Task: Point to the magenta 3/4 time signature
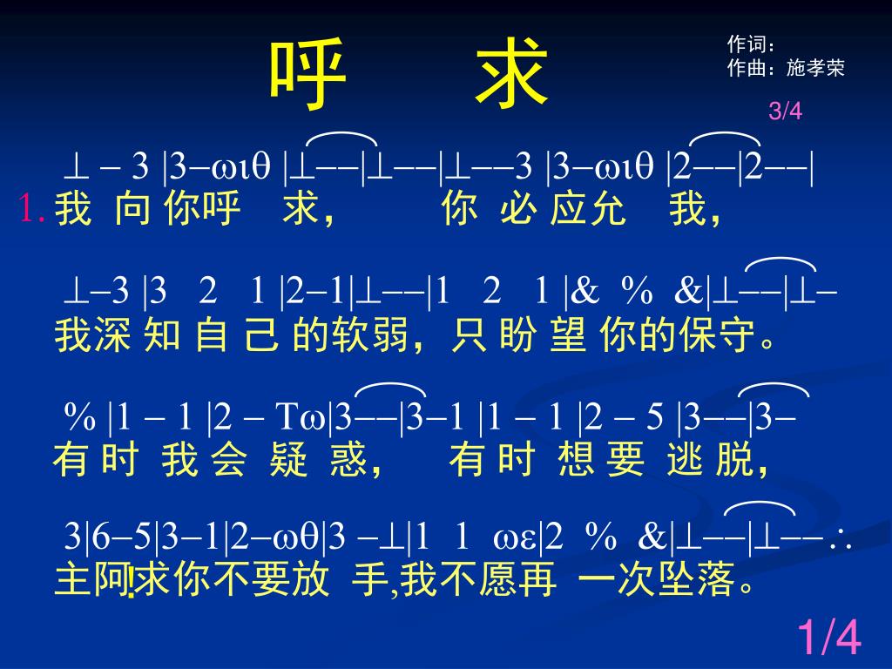pos(785,111)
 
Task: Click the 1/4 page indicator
pos(828,637)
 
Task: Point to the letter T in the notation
pos(287,417)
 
